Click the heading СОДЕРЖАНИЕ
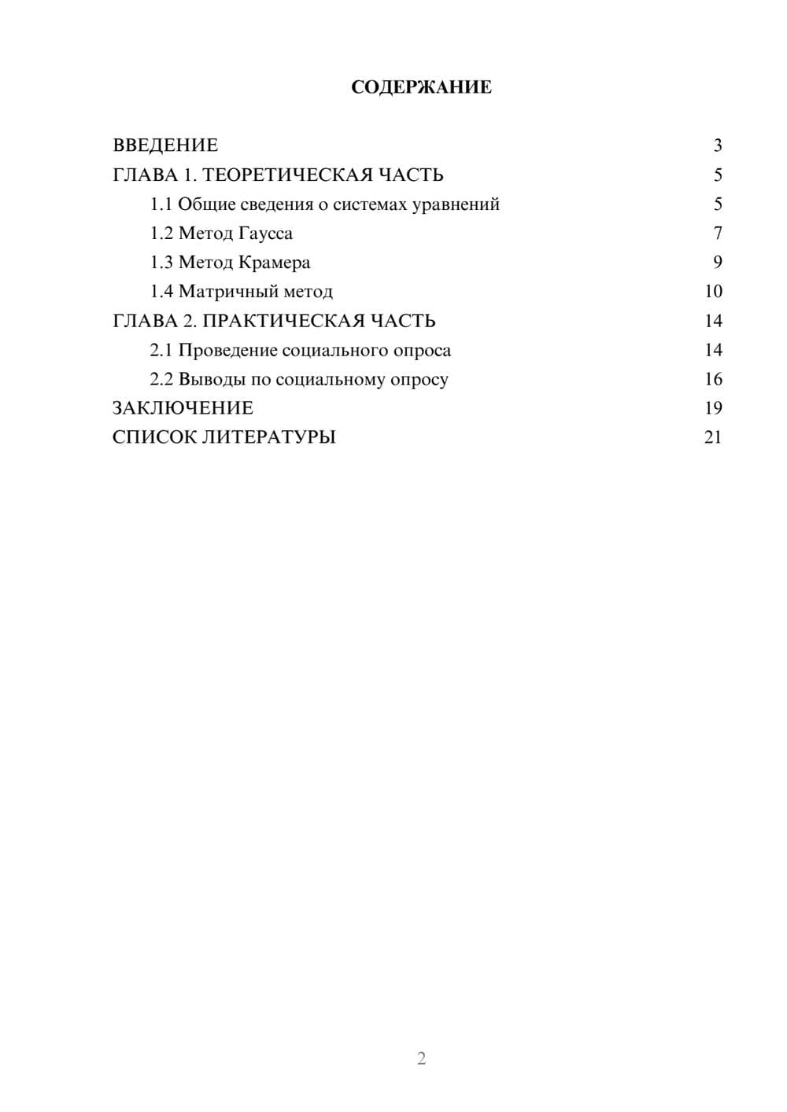[x=421, y=87]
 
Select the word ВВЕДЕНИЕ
[x=165, y=145]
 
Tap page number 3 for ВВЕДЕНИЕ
[x=717, y=145]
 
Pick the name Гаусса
[x=265, y=234]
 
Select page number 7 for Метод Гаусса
[x=717, y=234]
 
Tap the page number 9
[x=717, y=263]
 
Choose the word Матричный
[x=222, y=292]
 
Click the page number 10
[x=713, y=292]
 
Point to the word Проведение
[x=227, y=350]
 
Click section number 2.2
[x=161, y=379]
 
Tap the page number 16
[x=713, y=379]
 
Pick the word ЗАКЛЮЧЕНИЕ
[x=183, y=408]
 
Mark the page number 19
[x=713, y=408]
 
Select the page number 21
[x=713, y=437]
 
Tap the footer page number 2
[x=421, y=1059]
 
